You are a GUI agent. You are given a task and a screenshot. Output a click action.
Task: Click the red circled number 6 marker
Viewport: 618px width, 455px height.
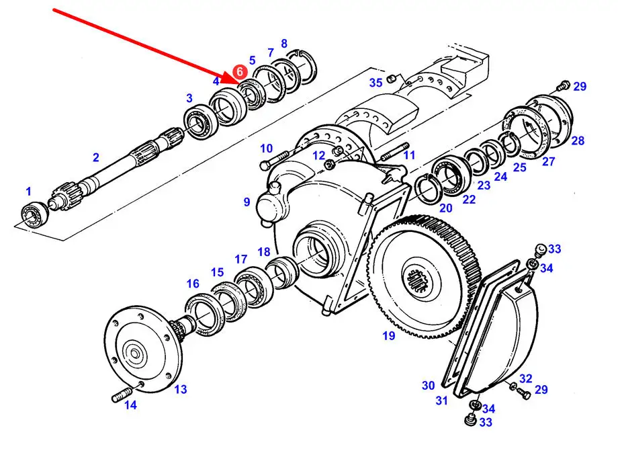click(240, 72)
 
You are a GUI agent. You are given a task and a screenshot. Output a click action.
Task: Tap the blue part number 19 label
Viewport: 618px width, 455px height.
click(389, 335)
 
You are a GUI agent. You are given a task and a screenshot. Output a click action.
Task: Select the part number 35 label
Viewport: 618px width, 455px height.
click(376, 83)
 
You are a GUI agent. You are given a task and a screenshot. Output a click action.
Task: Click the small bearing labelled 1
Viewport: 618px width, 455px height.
click(35, 214)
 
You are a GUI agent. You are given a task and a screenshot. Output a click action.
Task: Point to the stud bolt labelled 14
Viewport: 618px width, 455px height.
click(122, 394)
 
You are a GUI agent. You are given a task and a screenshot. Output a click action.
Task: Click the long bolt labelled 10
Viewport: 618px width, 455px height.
click(277, 159)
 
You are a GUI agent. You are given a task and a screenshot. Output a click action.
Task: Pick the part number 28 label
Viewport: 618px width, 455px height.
click(578, 140)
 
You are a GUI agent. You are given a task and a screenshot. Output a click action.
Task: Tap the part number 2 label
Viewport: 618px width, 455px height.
click(96, 157)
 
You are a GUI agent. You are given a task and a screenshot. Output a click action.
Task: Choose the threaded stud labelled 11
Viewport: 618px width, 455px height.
click(395, 152)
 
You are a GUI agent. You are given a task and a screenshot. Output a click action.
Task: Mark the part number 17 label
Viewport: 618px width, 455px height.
click(240, 259)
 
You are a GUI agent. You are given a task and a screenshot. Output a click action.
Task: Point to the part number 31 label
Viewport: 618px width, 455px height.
click(441, 401)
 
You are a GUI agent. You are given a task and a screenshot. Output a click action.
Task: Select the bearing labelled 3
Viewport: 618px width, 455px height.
click(201, 121)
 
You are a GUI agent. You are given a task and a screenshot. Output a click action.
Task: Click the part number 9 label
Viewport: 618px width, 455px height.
click(247, 202)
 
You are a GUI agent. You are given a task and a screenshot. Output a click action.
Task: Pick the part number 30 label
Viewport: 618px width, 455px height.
click(428, 385)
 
